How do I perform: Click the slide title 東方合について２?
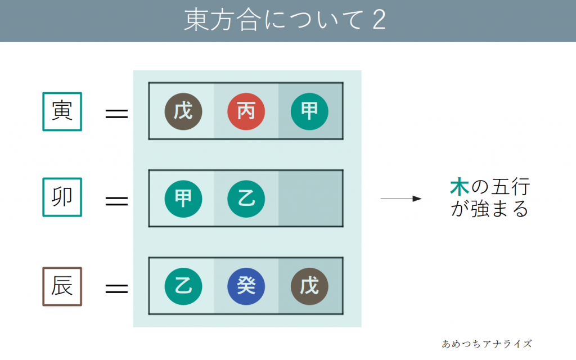(285, 21)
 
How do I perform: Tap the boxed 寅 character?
(62, 111)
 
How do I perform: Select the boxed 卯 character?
(62, 197)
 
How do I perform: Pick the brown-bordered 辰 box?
(62, 286)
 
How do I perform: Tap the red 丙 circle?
(246, 111)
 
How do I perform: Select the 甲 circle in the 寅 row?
(309, 111)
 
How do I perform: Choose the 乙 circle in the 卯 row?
(246, 199)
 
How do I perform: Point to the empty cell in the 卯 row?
(310, 199)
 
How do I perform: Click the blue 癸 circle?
(246, 286)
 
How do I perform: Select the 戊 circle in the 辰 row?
(309, 286)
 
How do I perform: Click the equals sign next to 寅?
(117, 114)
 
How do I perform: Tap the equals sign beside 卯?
(117, 201)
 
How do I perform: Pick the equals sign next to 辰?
(117, 289)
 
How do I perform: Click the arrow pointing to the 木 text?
(401, 199)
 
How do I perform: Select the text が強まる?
(489, 210)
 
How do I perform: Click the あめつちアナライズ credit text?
(487, 343)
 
